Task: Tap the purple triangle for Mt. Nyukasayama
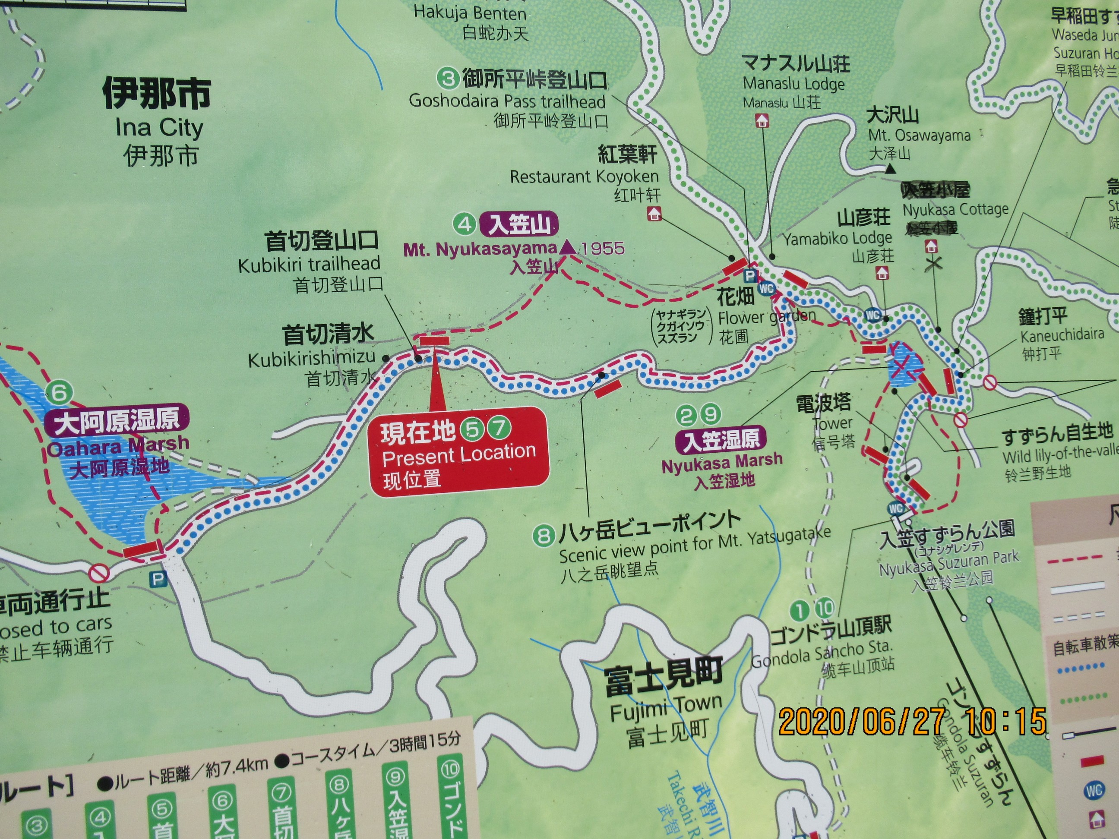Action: coord(569,247)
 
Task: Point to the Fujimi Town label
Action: coord(666,705)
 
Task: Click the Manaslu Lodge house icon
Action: coord(762,120)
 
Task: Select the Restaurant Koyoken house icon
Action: coord(654,214)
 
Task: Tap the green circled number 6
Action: coord(59,392)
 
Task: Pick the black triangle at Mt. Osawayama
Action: coord(889,170)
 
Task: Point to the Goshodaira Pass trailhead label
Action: coord(507,101)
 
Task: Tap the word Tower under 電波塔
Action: coord(832,423)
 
